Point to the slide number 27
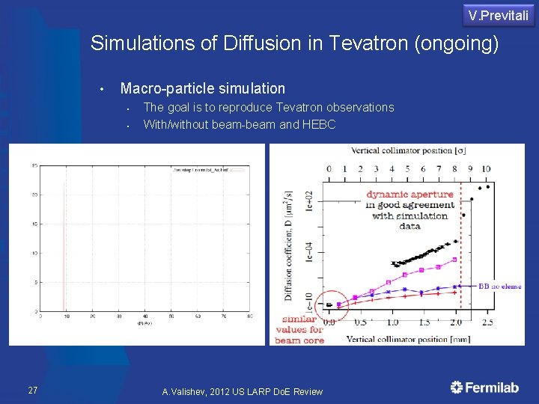click(33, 390)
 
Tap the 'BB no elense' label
click(501, 286)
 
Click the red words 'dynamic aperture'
click(409, 194)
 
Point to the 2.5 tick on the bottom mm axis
click(487, 322)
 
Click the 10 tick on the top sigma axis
click(487, 169)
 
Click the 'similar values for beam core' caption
click(299, 329)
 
